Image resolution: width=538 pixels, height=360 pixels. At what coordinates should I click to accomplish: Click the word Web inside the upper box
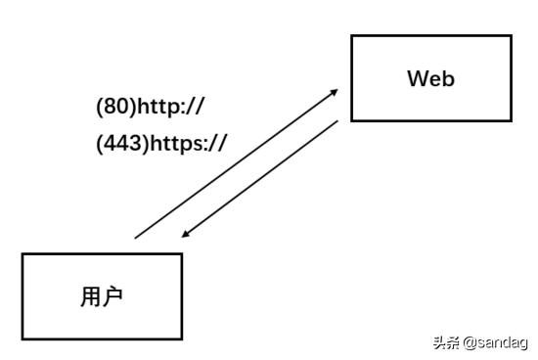tap(430, 79)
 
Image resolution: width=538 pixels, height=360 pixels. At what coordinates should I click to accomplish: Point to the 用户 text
tap(102, 296)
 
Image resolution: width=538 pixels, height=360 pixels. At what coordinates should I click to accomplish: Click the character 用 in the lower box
tap(90, 296)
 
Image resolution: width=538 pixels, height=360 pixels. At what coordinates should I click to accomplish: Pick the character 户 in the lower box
tap(113, 296)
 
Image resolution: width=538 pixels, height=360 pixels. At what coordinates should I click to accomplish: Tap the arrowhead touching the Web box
tap(335, 91)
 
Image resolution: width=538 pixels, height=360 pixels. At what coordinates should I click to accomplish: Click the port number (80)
tap(115, 106)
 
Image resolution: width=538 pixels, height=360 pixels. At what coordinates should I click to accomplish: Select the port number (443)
tap(120, 143)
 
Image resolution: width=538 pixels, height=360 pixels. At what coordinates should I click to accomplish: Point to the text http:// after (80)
tap(171, 106)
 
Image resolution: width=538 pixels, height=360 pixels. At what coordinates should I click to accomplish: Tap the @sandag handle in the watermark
tap(495, 343)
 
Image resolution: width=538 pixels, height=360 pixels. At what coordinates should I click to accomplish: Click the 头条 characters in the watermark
tap(445, 343)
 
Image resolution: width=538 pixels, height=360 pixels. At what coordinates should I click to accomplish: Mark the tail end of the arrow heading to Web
tap(136, 237)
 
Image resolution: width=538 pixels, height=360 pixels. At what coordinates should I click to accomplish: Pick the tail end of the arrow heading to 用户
tap(338, 121)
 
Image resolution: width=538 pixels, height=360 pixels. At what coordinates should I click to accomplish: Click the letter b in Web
tap(447, 79)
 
